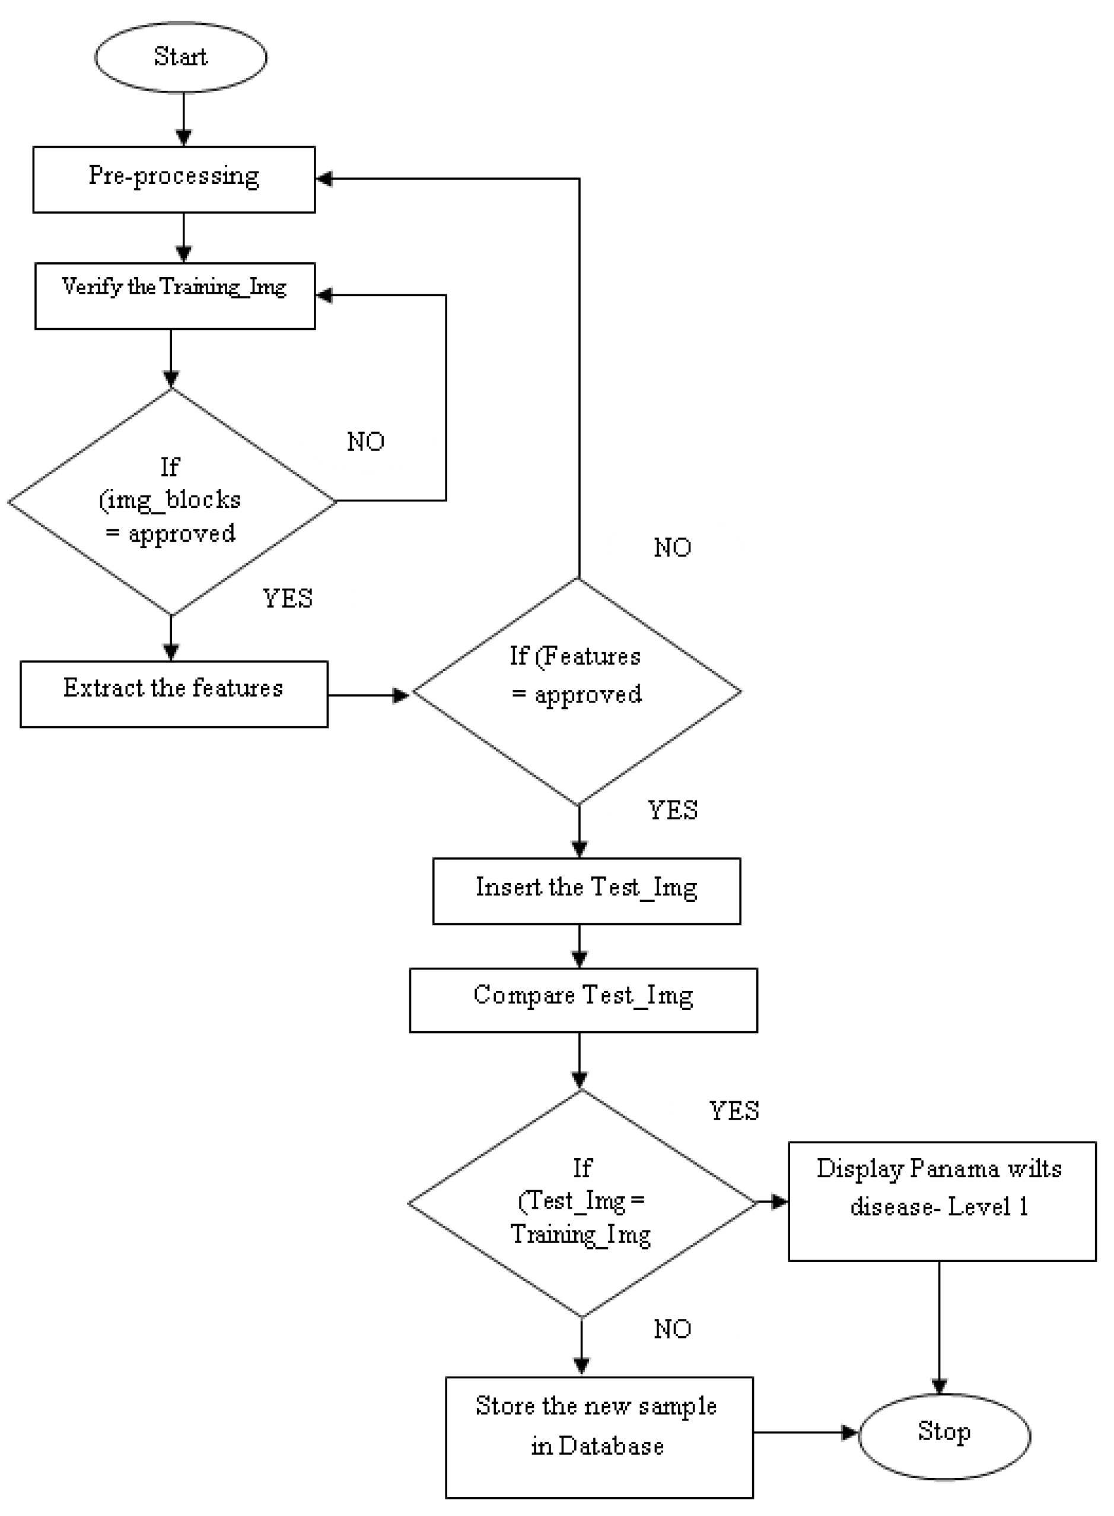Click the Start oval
pos(180,58)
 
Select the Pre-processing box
pos(174,179)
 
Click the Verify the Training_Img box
pos(174,296)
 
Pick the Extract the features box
pos(174,694)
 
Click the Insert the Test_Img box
pos(586,891)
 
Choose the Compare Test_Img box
pos(583,1000)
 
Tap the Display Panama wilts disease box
pos(941,1201)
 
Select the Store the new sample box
pos(599,1437)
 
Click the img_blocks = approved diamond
pos(172,502)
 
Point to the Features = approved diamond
pos(577,691)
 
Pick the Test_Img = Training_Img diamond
pos(581,1203)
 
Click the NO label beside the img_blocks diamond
pos(365,441)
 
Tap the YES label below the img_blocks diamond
pos(288,598)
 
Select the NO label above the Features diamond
pos(672,548)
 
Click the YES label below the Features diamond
pos(672,810)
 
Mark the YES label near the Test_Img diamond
pos(734,1111)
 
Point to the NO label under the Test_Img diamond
pos(672,1329)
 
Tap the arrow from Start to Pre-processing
pos(183,119)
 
